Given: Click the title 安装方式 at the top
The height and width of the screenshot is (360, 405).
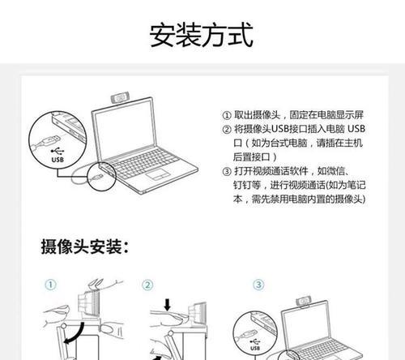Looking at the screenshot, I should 202,35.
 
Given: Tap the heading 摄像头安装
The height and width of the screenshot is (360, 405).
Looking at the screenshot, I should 85,246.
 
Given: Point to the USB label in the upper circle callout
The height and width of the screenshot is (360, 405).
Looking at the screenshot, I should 57,160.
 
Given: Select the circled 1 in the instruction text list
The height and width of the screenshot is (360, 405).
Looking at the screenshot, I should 226,116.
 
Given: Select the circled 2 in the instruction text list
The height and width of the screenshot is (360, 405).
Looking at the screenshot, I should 226,130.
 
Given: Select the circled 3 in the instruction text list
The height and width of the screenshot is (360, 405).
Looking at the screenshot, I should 226,171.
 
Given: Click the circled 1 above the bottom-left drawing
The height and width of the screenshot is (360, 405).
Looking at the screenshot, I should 49,285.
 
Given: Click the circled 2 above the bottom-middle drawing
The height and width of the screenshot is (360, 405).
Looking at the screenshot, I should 147,285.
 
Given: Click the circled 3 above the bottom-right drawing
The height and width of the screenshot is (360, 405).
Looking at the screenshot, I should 258,285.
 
